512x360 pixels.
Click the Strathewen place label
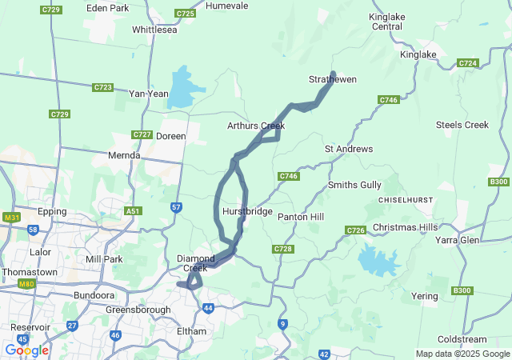pyautogui.click(x=333, y=79)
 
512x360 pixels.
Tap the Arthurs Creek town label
pyautogui.click(x=256, y=126)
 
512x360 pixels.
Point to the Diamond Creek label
pyautogui.click(x=196, y=262)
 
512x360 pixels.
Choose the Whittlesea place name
pyautogui.click(x=154, y=30)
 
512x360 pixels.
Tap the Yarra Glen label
pyautogui.click(x=457, y=239)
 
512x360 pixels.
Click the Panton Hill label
pyautogui.click(x=300, y=217)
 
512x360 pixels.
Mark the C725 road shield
pyautogui.click(x=185, y=14)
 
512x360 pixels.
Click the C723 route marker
pyautogui.click(x=102, y=86)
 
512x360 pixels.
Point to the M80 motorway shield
pyautogui.click(x=28, y=283)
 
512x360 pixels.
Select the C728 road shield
pyautogui.click(x=282, y=249)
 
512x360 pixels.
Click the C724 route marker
pyautogui.click(x=467, y=62)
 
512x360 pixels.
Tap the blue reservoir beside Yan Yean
pyautogui.click(x=181, y=88)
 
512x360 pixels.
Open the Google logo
pyautogui.click(x=26, y=350)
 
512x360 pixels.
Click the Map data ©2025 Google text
pyautogui.click(x=462, y=354)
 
